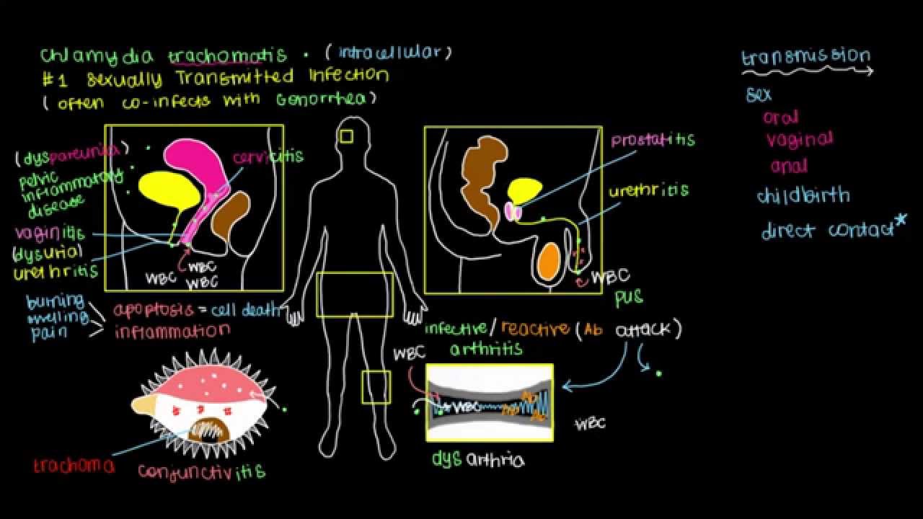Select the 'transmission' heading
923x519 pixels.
coord(805,56)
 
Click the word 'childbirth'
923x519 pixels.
coord(803,195)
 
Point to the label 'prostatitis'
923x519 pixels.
coord(653,140)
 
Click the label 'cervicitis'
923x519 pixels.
coord(268,156)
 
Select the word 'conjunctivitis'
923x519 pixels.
coord(201,472)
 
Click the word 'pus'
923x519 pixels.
coord(628,296)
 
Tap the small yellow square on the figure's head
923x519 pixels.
coord(347,136)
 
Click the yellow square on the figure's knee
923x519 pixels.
coord(376,387)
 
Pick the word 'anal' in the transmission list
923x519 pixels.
coord(788,166)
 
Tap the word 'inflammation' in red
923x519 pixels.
coord(172,332)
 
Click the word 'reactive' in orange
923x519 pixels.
coord(534,329)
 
